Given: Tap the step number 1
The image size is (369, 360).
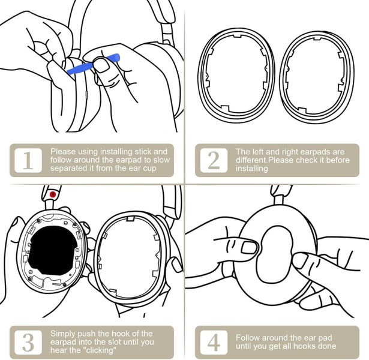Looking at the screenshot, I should [28, 161].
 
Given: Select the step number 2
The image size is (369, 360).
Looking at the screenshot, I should [214, 161].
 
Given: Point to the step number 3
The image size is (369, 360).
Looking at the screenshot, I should [28, 341].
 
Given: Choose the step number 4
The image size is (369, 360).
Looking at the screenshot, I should [214, 341].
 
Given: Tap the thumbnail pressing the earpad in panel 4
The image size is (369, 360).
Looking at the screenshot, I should [250, 247].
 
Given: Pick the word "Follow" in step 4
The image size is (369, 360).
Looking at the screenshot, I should [250, 337].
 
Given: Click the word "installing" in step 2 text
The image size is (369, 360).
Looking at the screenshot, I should [252, 169].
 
